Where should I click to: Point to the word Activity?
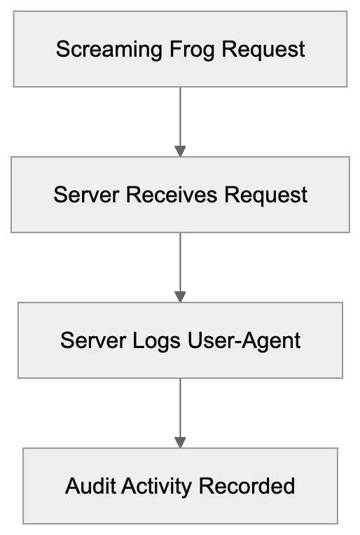152,486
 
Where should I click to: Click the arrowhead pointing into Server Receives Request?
180,151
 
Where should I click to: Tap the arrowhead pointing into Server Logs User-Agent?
180,297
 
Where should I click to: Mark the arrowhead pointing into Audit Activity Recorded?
180,443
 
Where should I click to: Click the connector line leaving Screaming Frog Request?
180,116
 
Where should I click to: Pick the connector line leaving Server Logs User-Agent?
180,406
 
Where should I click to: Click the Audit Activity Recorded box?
180,508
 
